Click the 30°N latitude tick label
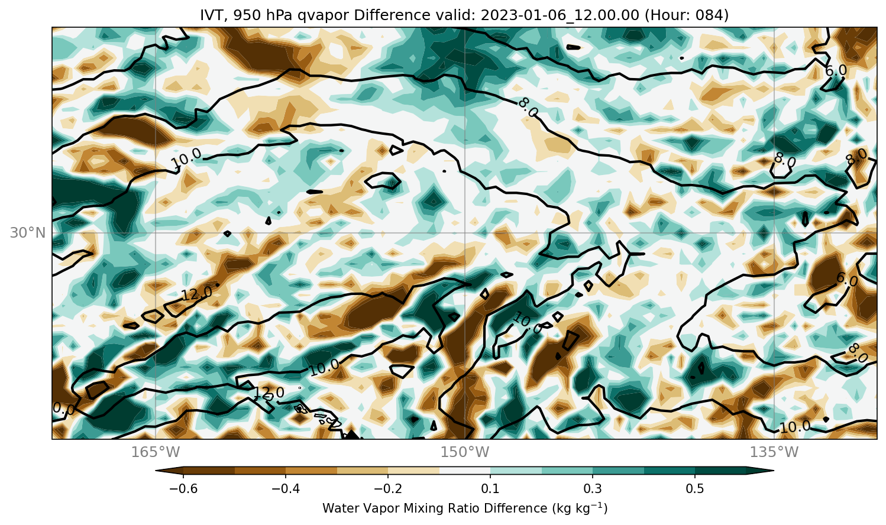[28, 233]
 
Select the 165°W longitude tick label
[156, 452]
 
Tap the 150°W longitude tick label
[465, 452]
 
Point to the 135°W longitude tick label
[774, 452]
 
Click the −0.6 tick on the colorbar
[183, 489]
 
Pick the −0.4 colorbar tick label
[286, 489]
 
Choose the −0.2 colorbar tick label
[388, 489]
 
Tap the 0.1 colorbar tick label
[490, 489]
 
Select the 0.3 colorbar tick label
[593, 489]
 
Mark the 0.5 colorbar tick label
[695, 489]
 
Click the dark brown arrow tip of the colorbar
[157, 471]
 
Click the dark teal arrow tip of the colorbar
[773, 471]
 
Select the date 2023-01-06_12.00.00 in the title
[560, 15]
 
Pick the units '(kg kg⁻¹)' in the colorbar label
[580, 508]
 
